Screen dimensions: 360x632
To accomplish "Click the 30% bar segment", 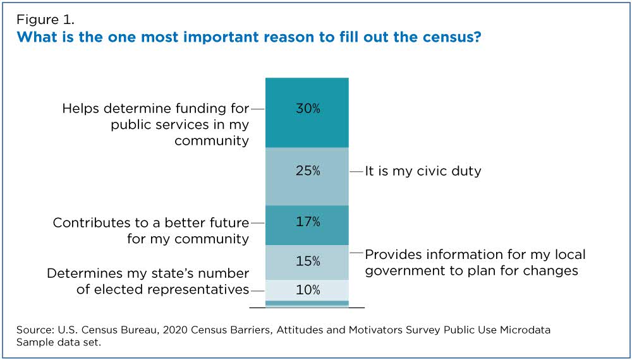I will pyautogui.click(x=307, y=112).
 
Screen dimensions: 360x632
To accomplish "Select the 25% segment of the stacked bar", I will pyautogui.click(x=307, y=176).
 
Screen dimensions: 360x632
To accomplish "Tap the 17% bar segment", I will pyautogui.click(x=307, y=225).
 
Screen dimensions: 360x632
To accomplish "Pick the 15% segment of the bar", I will pyautogui.click(x=307, y=262).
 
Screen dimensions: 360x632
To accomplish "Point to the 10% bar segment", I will pyautogui.click(x=307, y=290).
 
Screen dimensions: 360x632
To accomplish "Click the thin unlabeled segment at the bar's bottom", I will pyautogui.click(x=307, y=303).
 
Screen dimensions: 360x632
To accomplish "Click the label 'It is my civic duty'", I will pyautogui.click(x=423, y=171).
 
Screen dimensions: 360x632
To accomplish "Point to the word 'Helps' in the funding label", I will pyautogui.click(x=82, y=109).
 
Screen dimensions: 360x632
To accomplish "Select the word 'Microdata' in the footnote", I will pyautogui.click(x=519, y=330).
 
